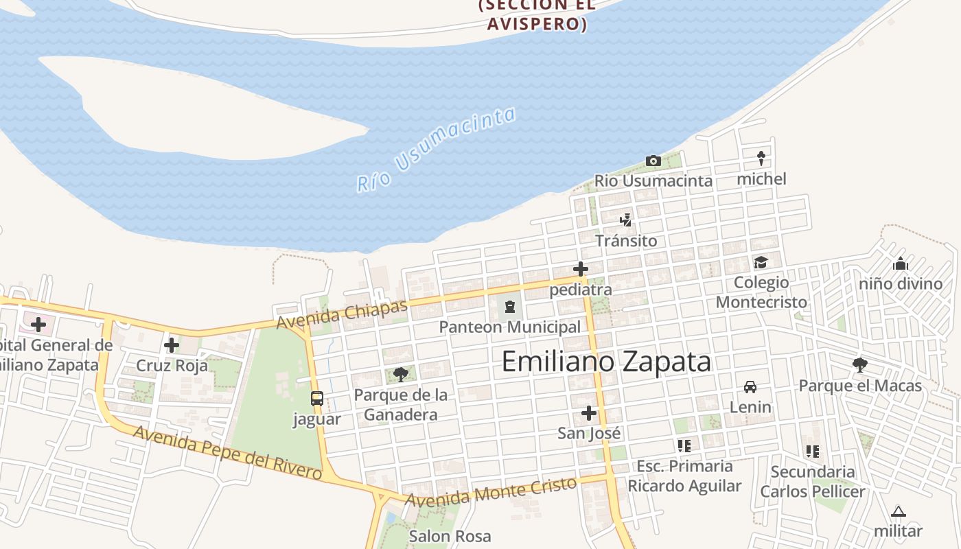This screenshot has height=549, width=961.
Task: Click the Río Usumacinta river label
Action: point(436,149)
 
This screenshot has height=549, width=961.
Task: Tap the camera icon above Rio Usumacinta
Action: point(653,161)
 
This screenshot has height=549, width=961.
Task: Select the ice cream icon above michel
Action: point(761,158)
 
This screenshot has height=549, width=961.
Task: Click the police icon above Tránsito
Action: point(625,220)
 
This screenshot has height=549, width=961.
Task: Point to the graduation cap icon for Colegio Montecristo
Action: point(761,262)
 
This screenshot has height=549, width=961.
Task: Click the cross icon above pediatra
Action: point(581,269)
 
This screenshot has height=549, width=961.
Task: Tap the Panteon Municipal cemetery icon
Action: point(510,307)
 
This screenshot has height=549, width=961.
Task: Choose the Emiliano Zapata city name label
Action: point(606,362)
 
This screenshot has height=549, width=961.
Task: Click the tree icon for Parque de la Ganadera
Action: point(401,375)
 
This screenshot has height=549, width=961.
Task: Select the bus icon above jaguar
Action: point(316,399)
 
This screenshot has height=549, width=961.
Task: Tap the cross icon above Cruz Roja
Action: point(172,344)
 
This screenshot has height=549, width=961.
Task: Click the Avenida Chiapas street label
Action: point(342,314)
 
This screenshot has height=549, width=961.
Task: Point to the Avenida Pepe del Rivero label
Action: point(227,452)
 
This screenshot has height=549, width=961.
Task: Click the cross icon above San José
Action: point(589,413)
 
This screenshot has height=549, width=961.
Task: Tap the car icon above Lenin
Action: point(750,387)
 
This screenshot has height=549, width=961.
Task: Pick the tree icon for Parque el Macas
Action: point(859,365)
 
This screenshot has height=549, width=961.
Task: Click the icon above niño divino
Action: point(901,264)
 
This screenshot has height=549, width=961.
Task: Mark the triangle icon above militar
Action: point(898,511)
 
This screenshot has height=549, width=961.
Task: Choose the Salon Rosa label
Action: point(450,536)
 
